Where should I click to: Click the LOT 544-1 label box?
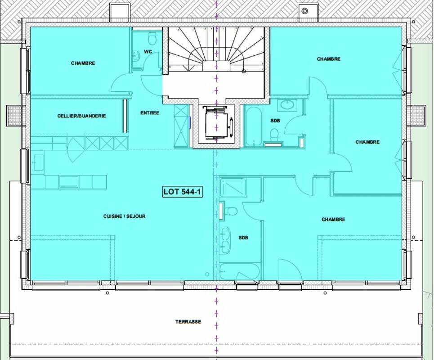click(183, 192)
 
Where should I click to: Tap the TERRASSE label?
click(188, 322)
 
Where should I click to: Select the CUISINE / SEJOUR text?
click(124, 216)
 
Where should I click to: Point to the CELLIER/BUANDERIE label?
click(82, 116)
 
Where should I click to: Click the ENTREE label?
click(150, 112)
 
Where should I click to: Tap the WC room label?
click(148, 51)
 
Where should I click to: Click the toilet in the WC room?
click(152, 39)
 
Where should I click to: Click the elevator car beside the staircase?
click(216, 122)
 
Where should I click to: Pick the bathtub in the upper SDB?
click(253, 126)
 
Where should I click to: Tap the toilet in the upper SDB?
click(274, 135)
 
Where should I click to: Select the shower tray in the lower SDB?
click(233, 188)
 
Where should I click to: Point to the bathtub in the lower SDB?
click(240, 271)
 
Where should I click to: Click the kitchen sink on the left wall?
click(39, 163)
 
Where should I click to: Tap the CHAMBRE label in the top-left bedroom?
click(83, 63)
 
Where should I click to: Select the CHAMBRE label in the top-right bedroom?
click(329, 59)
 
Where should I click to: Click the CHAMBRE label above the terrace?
click(333, 219)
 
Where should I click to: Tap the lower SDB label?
click(243, 238)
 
